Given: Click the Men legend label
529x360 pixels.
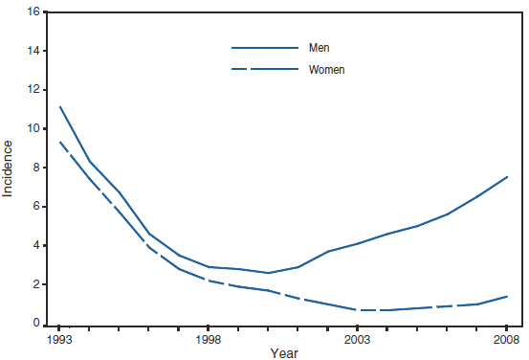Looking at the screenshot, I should (x=319, y=47).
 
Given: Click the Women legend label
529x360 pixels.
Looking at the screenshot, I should (x=326, y=70).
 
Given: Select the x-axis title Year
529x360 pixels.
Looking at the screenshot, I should (x=283, y=352).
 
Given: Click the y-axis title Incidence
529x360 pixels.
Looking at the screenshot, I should (x=9, y=169).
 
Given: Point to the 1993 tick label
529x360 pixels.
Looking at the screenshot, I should (x=59, y=339).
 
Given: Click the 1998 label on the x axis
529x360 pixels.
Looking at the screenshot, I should (x=209, y=339).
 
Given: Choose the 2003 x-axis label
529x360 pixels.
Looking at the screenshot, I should (x=357, y=339).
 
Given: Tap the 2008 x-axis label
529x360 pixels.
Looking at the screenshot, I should (x=506, y=339).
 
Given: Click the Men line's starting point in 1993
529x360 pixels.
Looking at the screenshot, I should (x=59, y=107).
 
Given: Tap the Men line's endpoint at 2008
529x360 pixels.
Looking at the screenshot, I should (x=506, y=177).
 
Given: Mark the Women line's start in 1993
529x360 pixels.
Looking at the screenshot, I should (x=59, y=142).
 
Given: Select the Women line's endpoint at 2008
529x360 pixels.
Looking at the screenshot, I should (x=506, y=297).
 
